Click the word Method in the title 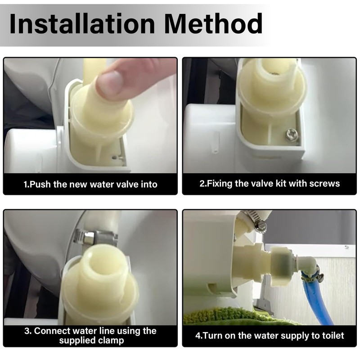(213, 24)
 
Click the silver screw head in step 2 (292, 135)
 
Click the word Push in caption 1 (40, 184)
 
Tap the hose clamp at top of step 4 (254, 219)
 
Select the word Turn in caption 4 (212, 336)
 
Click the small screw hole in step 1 (114, 158)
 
